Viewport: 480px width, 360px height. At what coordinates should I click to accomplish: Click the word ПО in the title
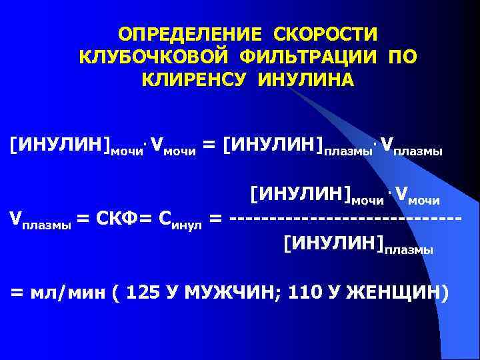tap(402, 57)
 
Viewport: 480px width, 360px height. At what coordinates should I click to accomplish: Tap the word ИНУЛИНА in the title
tap(306, 80)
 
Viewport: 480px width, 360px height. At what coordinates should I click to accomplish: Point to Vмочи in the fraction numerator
tap(417, 196)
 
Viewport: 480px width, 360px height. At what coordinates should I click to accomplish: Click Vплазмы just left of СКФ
tap(39, 218)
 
